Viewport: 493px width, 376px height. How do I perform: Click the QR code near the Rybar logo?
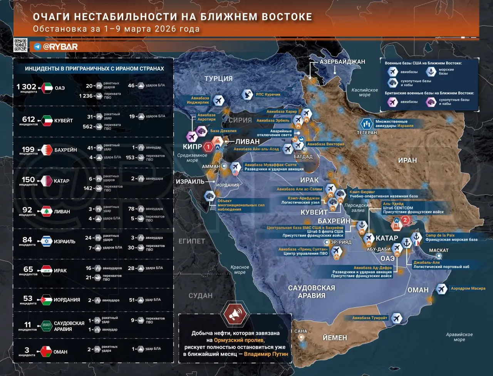click(x=20, y=45)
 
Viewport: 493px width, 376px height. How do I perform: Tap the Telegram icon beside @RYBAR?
click(x=37, y=47)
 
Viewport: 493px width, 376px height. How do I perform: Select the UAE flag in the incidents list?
click(x=47, y=88)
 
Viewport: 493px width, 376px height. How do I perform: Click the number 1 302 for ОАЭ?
click(x=26, y=87)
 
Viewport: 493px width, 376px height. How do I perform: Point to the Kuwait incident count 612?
click(x=29, y=119)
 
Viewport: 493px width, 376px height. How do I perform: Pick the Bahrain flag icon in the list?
click(x=47, y=150)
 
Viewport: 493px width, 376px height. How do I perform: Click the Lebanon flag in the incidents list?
click(x=47, y=211)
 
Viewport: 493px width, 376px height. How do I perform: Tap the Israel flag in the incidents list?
click(x=47, y=241)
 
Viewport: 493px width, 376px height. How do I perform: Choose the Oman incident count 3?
click(x=27, y=350)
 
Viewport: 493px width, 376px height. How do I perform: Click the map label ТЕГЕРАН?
click(x=367, y=133)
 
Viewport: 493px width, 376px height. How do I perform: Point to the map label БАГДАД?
click(x=303, y=157)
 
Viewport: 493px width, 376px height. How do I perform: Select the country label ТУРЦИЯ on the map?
click(x=218, y=79)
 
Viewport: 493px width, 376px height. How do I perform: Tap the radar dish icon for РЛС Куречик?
click(x=247, y=94)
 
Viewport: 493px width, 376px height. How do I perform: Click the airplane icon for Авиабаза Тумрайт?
click(x=396, y=319)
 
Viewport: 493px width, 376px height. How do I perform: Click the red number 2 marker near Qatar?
click(x=405, y=220)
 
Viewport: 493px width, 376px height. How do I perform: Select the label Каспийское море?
click(x=364, y=92)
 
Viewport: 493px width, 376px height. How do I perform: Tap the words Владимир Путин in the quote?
click(x=266, y=354)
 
